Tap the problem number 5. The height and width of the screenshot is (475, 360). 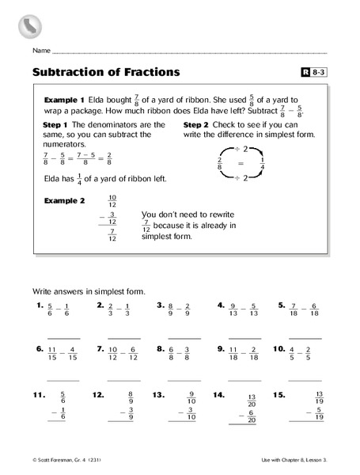tap(281, 304)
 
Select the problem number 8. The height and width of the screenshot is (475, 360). tap(161, 348)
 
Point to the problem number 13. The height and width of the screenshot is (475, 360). tap(158, 393)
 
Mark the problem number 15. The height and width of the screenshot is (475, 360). tap(279, 393)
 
